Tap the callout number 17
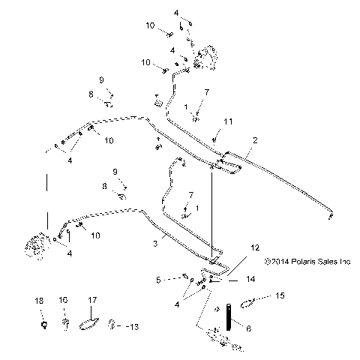point(93,299)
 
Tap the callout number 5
point(158,280)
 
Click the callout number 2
point(255,140)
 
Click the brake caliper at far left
point(34,248)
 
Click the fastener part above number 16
point(66,324)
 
